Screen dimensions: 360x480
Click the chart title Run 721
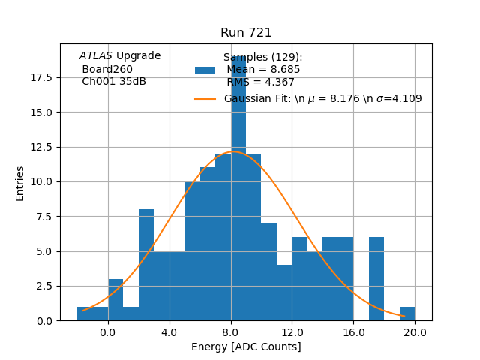tap(246, 33)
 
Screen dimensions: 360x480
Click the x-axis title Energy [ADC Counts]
tap(246, 346)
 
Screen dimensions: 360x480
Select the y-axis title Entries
tap(20, 183)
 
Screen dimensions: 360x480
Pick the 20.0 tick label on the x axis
tap(415, 331)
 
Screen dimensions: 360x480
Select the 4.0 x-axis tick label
tap(169, 331)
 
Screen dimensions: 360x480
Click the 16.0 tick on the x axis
tap(353, 331)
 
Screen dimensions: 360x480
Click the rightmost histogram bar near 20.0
tap(407, 313)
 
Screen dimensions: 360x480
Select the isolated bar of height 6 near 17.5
tap(376, 279)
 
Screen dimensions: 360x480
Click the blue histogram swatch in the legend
tap(205, 70)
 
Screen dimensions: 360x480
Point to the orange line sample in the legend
tap(205, 99)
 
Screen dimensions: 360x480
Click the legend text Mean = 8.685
tap(263, 70)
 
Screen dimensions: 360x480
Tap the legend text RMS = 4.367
tap(260, 82)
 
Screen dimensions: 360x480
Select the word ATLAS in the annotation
tap(96, 56)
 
